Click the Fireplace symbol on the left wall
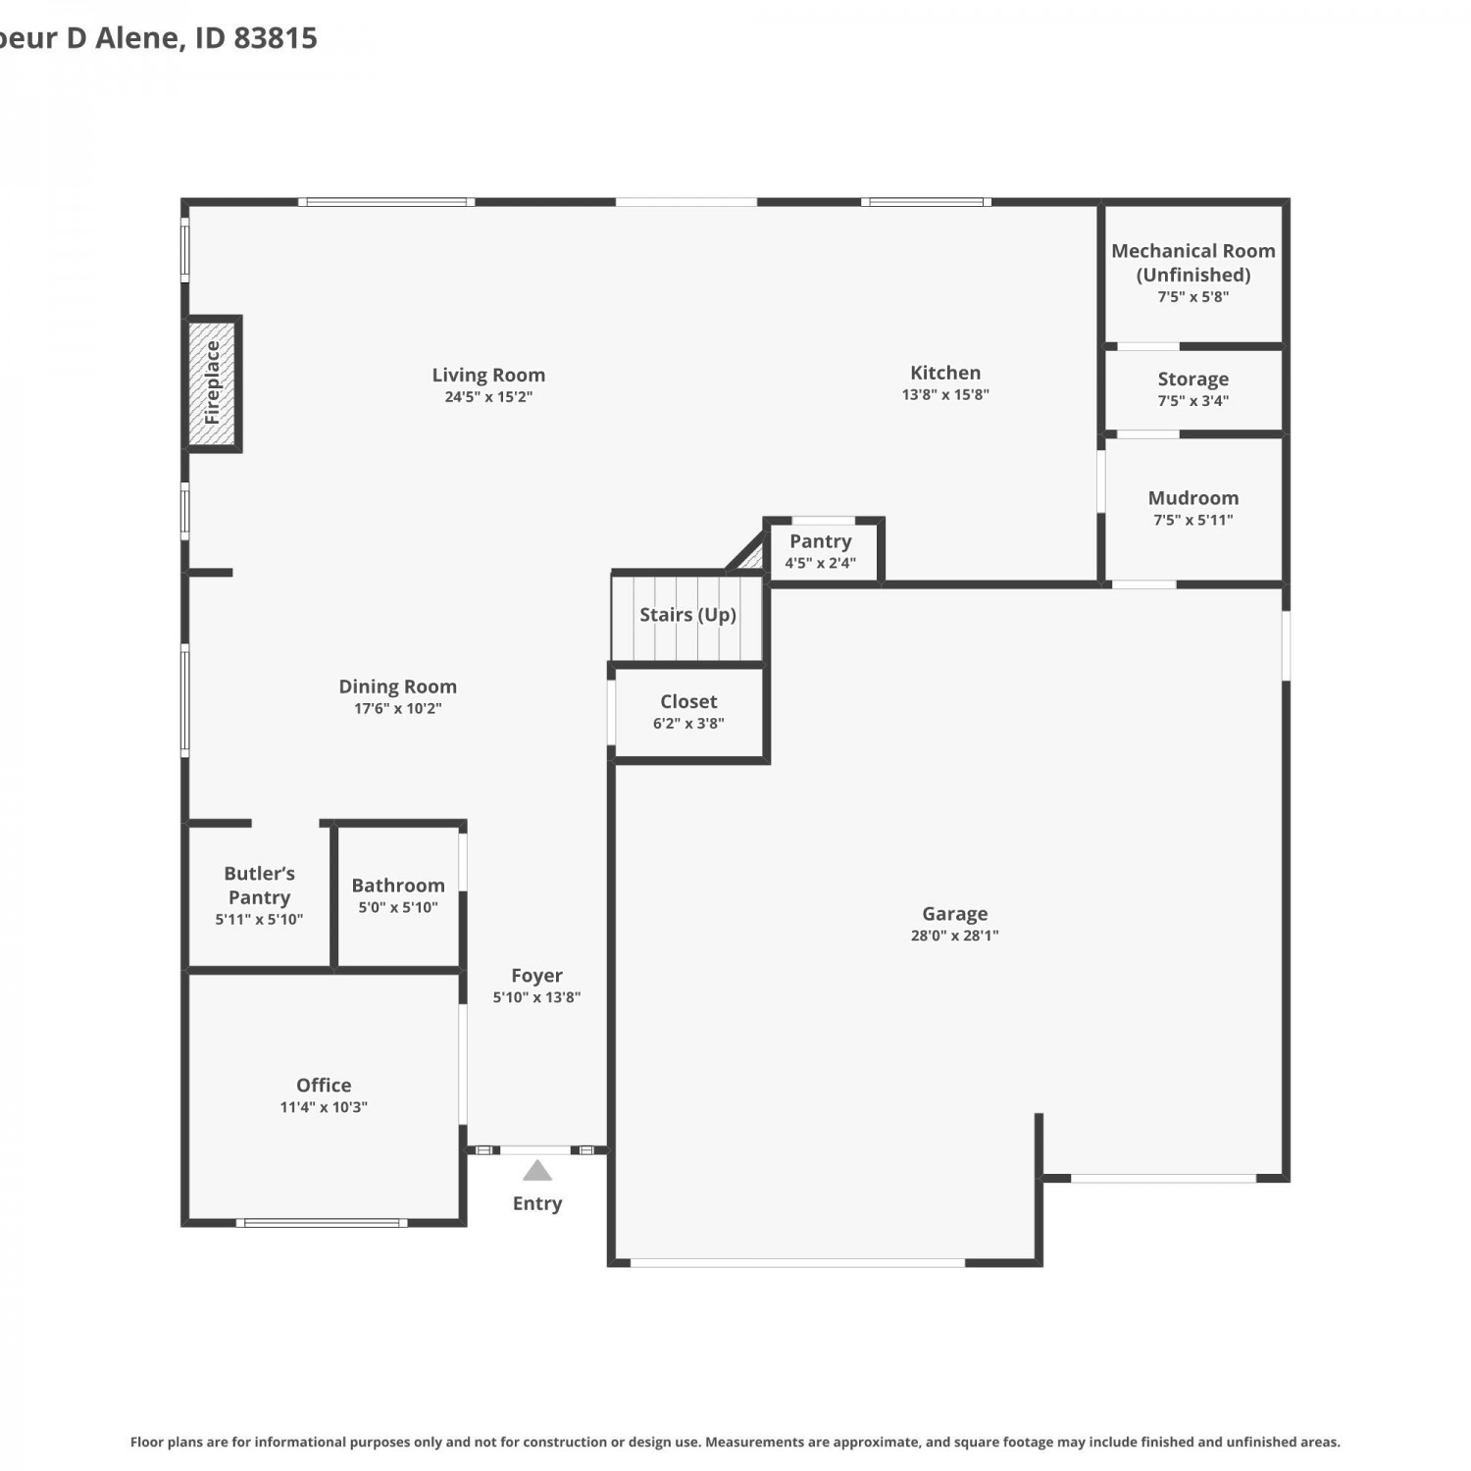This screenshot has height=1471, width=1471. point(212,383)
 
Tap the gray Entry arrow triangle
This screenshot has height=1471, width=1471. point(537,1170)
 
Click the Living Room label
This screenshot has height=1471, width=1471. point(488,375)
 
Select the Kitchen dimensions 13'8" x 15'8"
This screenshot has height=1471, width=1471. point(945,394)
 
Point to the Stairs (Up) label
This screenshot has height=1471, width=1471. point(687,615)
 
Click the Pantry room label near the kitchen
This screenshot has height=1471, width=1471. point(821,541)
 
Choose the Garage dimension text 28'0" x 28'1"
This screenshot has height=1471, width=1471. point(954,936)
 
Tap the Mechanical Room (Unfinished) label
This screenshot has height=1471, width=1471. point(1193,263)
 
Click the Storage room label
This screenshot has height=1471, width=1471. point(1193,380)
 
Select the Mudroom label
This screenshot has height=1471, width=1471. point(1193,498)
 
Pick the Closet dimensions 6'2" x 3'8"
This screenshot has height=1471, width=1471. point(688,724)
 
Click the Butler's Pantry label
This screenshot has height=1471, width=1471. point(259,886)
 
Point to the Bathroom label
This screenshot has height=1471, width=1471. point(398,886)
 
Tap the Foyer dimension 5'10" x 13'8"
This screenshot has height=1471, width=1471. point(536,997)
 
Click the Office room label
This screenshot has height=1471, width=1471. point(324,1085)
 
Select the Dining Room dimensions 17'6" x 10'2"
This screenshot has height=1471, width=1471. point(398,708)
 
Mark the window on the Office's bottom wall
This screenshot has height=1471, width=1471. point(322,1223)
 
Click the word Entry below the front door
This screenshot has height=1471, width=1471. point(537,1204)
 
